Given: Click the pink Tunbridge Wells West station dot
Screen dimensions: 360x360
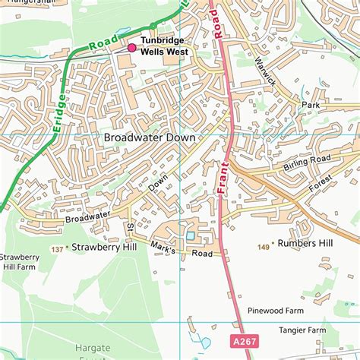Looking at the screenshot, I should point(131,48).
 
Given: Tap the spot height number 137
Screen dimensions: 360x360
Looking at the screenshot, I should point(57,248).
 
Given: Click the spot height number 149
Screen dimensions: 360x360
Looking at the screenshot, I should point(264,246).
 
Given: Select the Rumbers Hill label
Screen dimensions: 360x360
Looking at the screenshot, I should point(305,243).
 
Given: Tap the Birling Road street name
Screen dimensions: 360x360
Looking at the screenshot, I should point(308,163).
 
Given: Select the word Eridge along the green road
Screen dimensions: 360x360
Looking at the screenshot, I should point(60,118).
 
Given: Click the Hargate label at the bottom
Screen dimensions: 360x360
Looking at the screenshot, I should point(92,347).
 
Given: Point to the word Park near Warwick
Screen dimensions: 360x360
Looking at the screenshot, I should point(311,104).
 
